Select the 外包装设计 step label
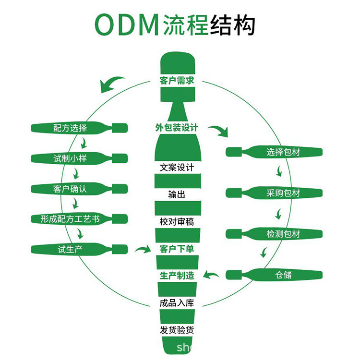pos(177,128)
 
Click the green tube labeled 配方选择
pos(72,128)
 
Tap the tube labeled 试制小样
pos(72,158)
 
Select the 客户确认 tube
pos(72,189)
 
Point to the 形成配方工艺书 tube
pos(72,219)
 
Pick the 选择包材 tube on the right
pos(283,152)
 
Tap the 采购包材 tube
pos(283,193)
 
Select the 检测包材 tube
pos(283,234)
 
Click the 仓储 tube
pos(283,275)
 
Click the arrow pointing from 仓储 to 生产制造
pos(211,275)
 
